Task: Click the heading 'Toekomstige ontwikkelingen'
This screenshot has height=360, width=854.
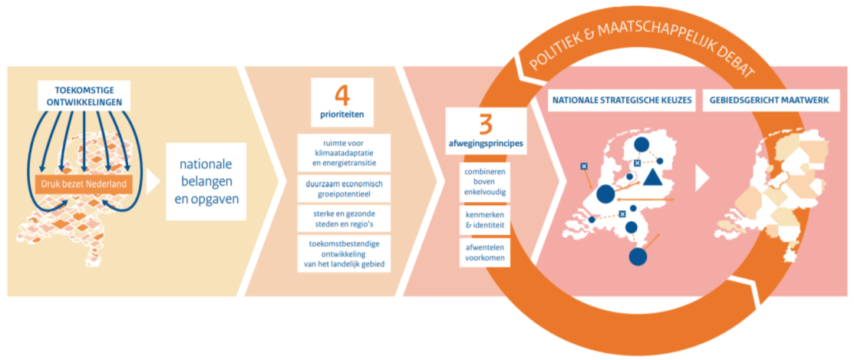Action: click(x=84, y=96)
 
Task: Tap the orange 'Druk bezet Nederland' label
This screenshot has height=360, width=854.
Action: click(x=84, y=184)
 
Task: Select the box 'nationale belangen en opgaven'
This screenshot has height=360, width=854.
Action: click(x=206, y=181)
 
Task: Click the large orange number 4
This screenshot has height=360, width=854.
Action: click(x=342, y=96)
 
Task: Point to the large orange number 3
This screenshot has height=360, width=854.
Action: click(x=486, y=124)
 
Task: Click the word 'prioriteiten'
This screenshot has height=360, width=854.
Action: click(x=342, y=115)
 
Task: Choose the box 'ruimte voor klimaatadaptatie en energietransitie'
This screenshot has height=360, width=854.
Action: click(x=345, y=153)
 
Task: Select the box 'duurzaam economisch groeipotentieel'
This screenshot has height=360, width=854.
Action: click(x=345, y=188)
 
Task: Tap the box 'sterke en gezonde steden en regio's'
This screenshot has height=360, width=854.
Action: click(x=345, y=219)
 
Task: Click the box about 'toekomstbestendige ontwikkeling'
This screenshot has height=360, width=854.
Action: click(x=345, y=254)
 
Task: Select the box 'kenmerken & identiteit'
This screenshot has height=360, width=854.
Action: click(x=485, y=220)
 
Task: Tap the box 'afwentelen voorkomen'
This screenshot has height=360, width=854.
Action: click(x=485, y=253)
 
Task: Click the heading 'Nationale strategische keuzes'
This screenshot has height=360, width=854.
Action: click(x=622, y=101)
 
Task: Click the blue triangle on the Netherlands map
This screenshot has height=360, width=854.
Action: click(x=651, y=177)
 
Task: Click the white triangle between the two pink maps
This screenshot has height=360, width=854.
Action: click(x=702, y=178)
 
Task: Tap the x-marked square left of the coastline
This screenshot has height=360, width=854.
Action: click(x=583, y=166)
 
